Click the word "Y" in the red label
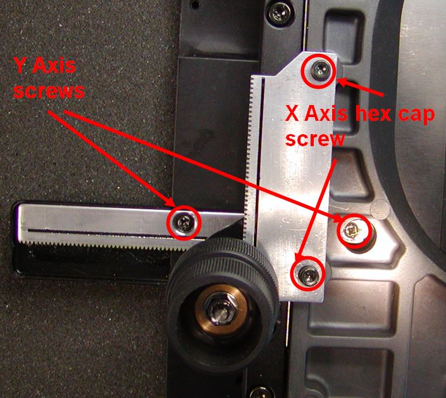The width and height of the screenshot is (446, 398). coord(20,66)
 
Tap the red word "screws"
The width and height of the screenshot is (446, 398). coord(49,91)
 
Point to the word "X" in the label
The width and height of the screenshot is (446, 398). coord(293,114)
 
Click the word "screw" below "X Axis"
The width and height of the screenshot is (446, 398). coord(315,139)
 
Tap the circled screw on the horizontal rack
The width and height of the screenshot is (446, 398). coord(184,223)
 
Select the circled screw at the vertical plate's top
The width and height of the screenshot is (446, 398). coord(319,70)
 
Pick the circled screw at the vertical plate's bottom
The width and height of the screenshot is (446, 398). coord(308,274)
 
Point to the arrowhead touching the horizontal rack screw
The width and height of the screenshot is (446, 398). coord(171,203)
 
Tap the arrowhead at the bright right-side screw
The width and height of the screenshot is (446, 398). coord(338,218)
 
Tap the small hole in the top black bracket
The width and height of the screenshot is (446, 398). coord(194,4)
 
